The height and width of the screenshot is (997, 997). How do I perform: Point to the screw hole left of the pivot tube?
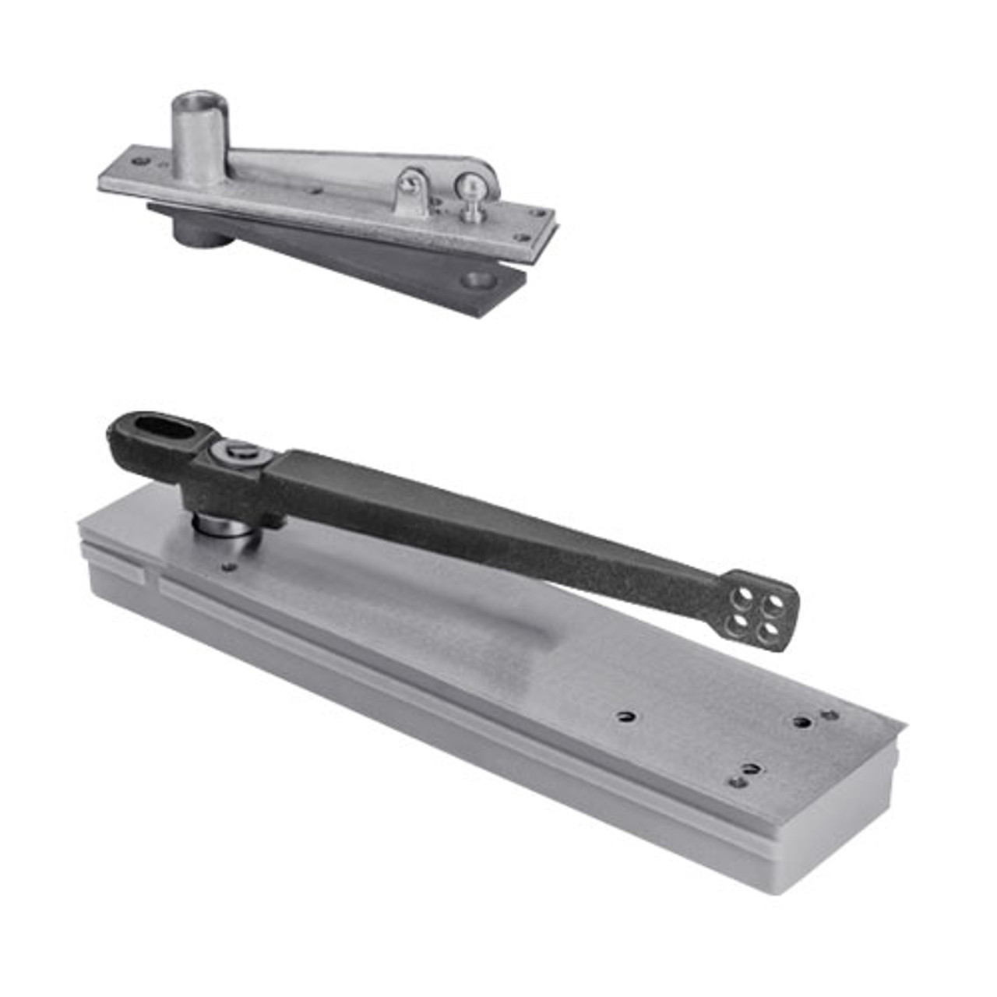(140, 162)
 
